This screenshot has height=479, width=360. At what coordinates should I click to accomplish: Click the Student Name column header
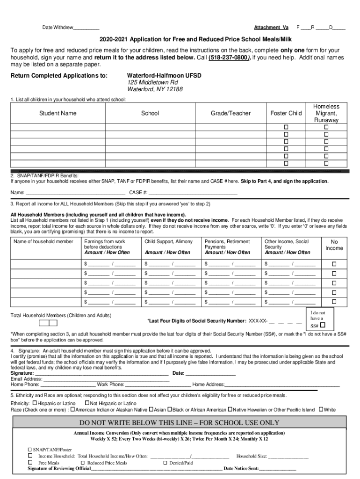point(58,113)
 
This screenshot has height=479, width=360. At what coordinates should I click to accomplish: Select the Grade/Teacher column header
point(230,113)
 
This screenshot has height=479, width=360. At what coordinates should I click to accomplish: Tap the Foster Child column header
point(286,113)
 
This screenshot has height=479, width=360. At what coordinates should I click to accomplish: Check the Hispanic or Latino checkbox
point(35,403)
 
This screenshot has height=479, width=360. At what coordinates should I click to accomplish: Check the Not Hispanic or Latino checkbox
point(87,403)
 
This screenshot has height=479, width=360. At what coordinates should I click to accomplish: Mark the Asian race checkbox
point(151,410)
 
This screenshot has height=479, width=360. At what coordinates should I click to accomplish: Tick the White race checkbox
point(321,410)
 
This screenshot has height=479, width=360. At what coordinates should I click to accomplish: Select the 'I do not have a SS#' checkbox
point(323,325)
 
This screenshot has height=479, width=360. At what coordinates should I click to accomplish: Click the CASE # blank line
point(193,193)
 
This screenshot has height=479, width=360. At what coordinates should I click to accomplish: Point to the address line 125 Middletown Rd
point(152,82)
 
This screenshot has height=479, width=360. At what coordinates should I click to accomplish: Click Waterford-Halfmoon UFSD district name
point(164,75)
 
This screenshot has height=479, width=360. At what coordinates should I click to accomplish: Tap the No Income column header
point(334,245)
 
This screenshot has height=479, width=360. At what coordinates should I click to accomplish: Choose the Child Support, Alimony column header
point(168,241)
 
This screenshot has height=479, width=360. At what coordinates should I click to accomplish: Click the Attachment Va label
point(271,27)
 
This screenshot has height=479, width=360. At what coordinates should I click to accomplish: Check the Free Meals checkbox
point(30,463)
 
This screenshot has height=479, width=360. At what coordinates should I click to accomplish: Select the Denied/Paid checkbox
point(165,463)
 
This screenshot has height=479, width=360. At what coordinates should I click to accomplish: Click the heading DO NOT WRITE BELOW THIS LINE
point(179,423)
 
